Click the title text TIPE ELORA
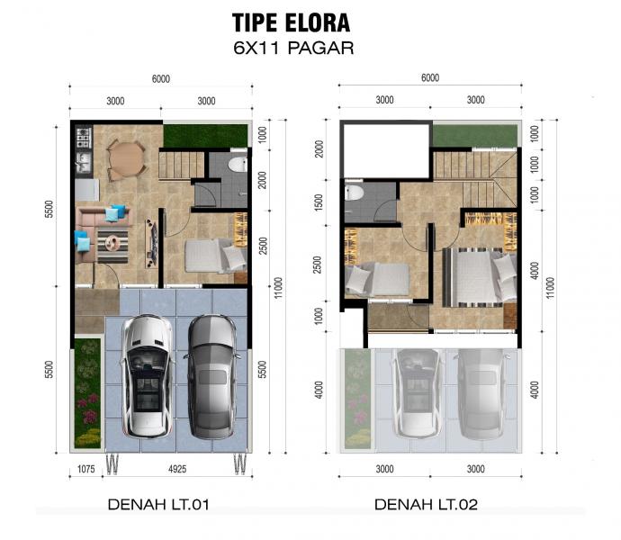click(291, 22)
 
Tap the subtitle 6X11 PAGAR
click(293, 48)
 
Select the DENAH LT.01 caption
click(158, 504)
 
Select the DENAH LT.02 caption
click(426, 504)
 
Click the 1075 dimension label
click(85, 469)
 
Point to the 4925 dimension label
click(177, 469)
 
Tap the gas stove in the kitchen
click(84, 138)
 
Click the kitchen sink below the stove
click(84, 162)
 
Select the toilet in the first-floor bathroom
click(238, 165)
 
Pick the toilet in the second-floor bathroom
click(354, 193)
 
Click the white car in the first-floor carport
click(148, 376)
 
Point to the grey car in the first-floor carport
click(211, 377)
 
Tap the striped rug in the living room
click(112, 247)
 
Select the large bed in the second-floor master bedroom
click(480, 277)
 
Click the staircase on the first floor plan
click(182, 165)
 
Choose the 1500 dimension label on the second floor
click(319, 202)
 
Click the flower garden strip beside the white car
click(88, 393)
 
